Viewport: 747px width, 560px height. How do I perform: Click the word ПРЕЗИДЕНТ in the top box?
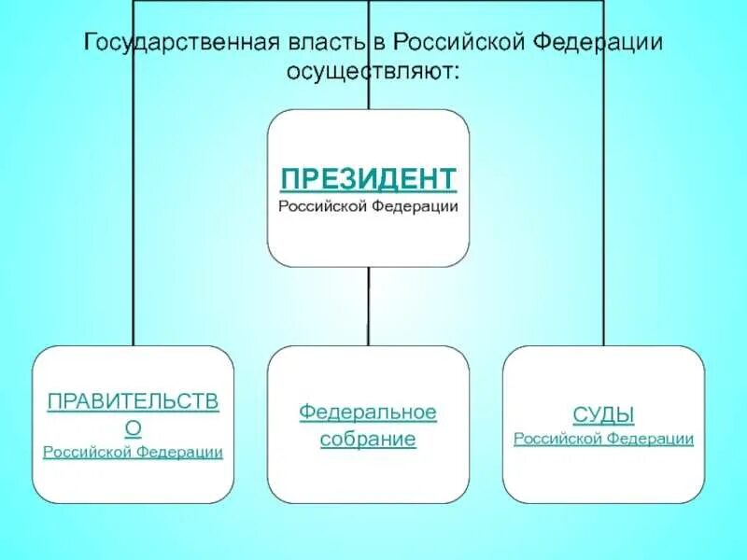369,178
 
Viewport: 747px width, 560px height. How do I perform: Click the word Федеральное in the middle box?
368,412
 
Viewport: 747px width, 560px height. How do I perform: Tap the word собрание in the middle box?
368,439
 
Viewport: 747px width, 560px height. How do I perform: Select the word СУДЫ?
603,414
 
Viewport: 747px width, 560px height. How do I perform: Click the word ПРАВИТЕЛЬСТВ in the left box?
133,402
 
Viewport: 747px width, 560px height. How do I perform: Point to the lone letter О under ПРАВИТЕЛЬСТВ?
133,427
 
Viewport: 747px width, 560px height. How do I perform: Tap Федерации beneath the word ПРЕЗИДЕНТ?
418,205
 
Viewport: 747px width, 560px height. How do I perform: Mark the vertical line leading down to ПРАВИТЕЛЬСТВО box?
133,233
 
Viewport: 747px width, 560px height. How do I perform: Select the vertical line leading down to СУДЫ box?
603,233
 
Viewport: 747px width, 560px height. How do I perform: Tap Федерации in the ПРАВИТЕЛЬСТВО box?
180,452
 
